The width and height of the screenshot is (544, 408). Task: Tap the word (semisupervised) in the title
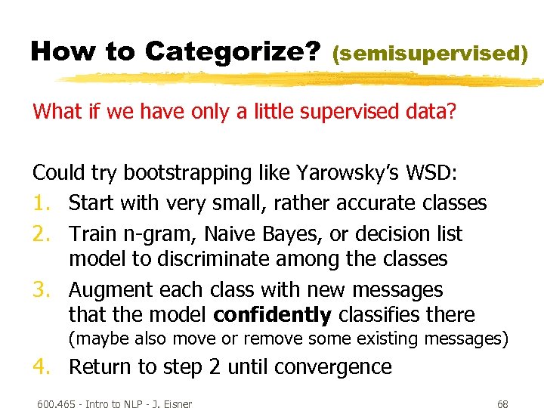(429, 54)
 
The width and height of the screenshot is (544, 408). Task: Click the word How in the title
(60, 51)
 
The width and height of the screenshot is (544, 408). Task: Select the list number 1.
(41, 203)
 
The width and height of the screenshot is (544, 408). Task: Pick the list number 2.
(41, 234)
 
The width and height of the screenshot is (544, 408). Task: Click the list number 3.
(41, 290)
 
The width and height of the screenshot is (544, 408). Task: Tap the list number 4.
(41, 367)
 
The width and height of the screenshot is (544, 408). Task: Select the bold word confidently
(272, 315)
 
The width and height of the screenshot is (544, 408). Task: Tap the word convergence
(333, 367)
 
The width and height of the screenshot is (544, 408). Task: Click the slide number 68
(502, 403)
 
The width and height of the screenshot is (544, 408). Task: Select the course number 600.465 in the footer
(57, 403)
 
